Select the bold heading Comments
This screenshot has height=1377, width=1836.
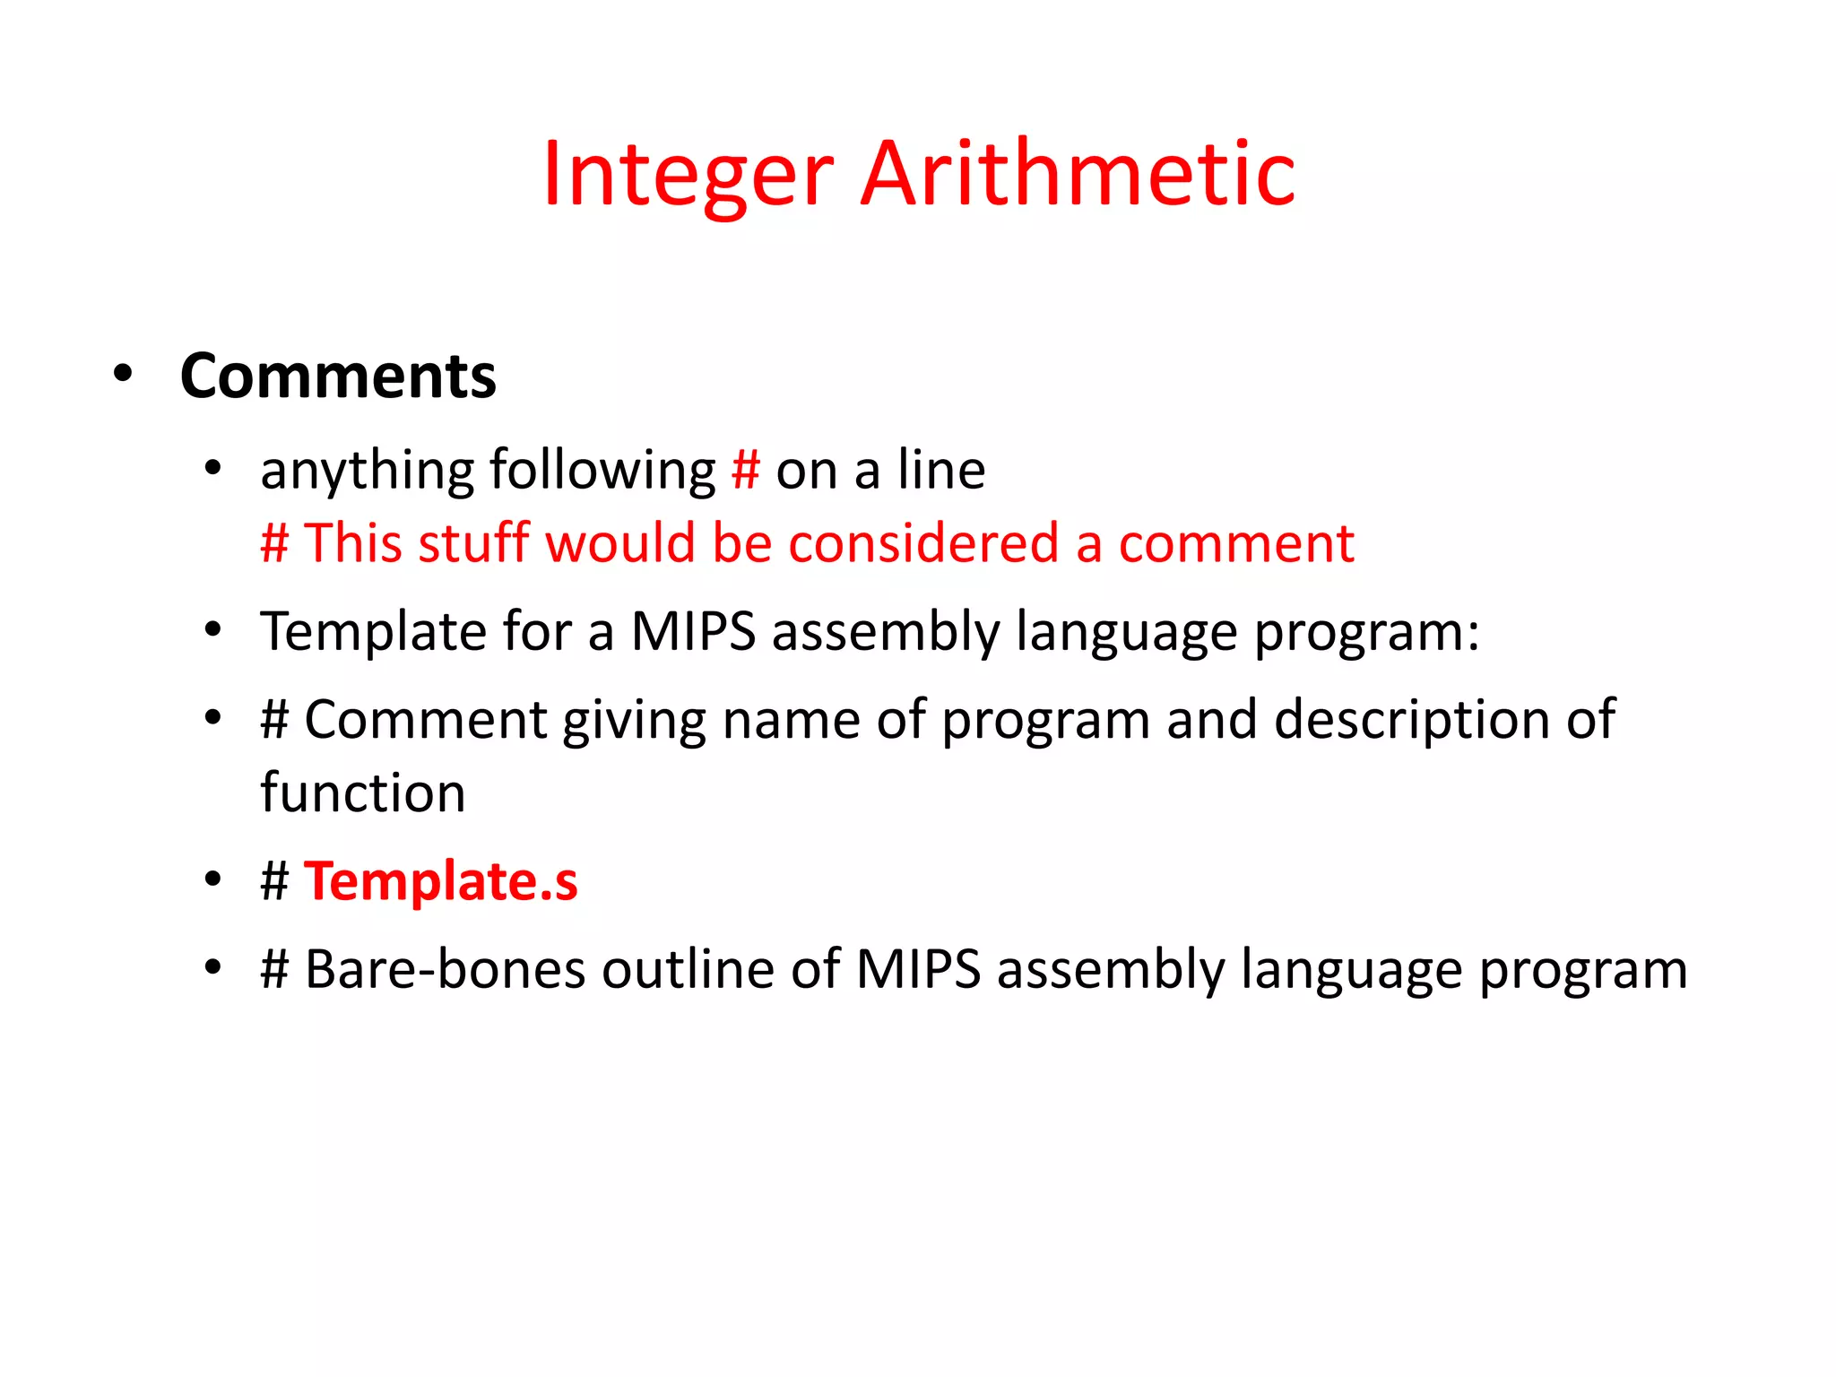[338, 377]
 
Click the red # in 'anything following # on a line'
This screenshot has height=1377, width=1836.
[746, 470]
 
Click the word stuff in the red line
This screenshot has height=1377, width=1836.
[473, 543]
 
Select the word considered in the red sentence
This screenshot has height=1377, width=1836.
[923, 543]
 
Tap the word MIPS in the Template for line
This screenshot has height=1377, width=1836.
[693, 631]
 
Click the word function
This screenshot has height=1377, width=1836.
[363, 792]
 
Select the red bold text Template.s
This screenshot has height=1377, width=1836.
[441, 882]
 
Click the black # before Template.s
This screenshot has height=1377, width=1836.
[275, 881]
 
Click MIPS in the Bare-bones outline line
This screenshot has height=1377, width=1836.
[918, 970]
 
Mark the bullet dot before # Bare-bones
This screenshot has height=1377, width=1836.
[212, 968]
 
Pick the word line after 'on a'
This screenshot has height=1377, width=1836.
[941, 470]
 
